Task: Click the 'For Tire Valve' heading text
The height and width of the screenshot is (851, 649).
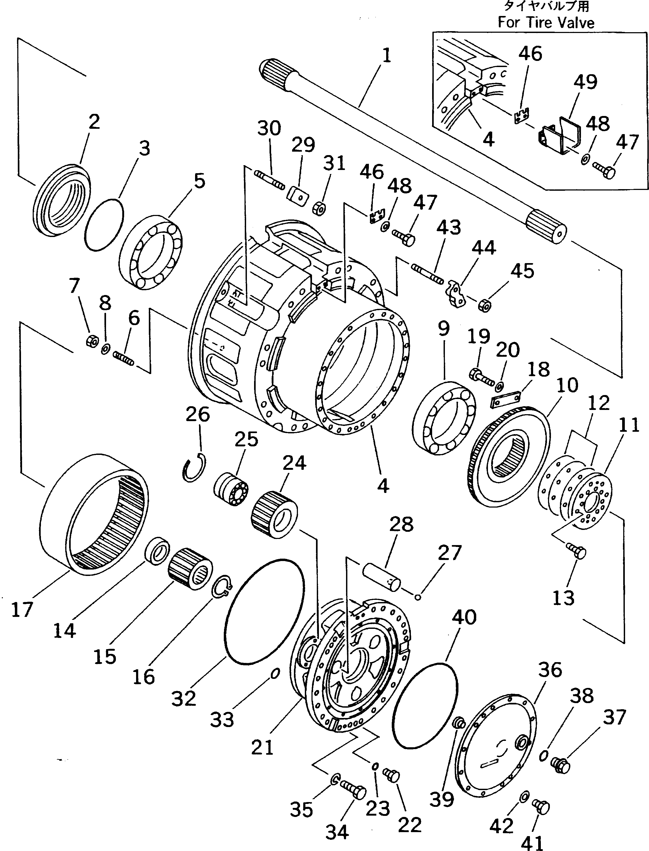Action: point(545,22)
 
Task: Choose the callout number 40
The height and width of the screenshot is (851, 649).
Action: point(464,617)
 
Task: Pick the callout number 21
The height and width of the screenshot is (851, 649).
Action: point(262,747)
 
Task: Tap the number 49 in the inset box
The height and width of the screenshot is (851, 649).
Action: point(585,82)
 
